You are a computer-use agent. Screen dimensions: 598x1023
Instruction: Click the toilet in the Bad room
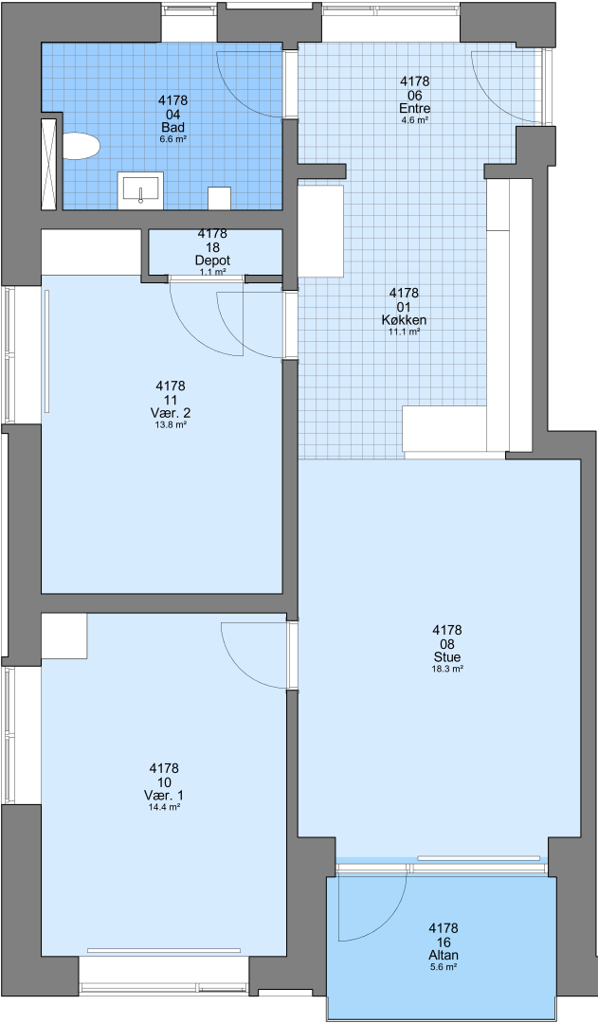pyautogui.click(x=81, y=146)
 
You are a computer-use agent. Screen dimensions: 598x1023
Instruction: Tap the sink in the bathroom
pyautogui.click(x=140, y=190)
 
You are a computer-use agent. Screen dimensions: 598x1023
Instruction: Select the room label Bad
pyautogui.click(x=173, y=128)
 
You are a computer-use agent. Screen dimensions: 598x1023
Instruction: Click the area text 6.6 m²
pyautogui.click(x=173, y=139)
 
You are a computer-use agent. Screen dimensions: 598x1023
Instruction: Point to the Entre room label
pyautogui.click(x=414, y=109)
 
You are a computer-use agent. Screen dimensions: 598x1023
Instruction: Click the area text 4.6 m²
pyautogui.click(x=414, y=120)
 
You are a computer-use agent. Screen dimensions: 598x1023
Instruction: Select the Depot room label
pyautogui.click(x=213, y=261)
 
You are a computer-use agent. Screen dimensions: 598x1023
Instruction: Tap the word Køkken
pyautogui.click(x=404, y=320)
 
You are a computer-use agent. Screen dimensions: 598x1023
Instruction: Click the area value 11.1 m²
pyautogui.click(x=404, y=332)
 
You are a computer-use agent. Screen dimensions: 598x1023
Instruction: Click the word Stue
pyautogui.click(x=447, y=657)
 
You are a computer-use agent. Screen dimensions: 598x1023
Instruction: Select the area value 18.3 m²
pyautogui.click(x=447, y=669)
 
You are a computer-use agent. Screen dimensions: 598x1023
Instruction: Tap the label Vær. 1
pyautogui.click(x=164, y=796)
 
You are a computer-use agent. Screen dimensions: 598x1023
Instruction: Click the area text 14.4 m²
pyautogui.click(x=164, y=807)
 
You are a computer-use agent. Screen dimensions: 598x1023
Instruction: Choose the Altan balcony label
pyautogui.click(x=444, y=956)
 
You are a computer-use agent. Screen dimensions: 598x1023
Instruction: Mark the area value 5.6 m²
pyautogui.click(x=444, y=967)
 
